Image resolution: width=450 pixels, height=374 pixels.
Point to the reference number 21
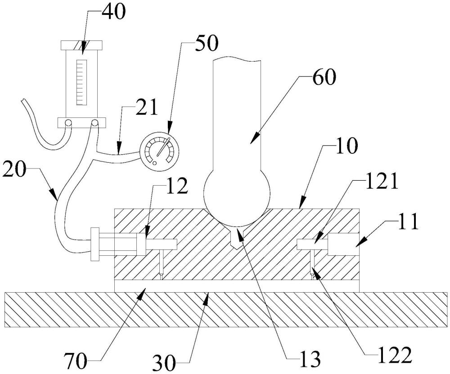click(x=145, y=108)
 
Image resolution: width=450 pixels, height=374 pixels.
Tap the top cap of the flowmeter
click(x=82, y=45)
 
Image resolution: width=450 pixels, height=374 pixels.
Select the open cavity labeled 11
click(x=343, y=245)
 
